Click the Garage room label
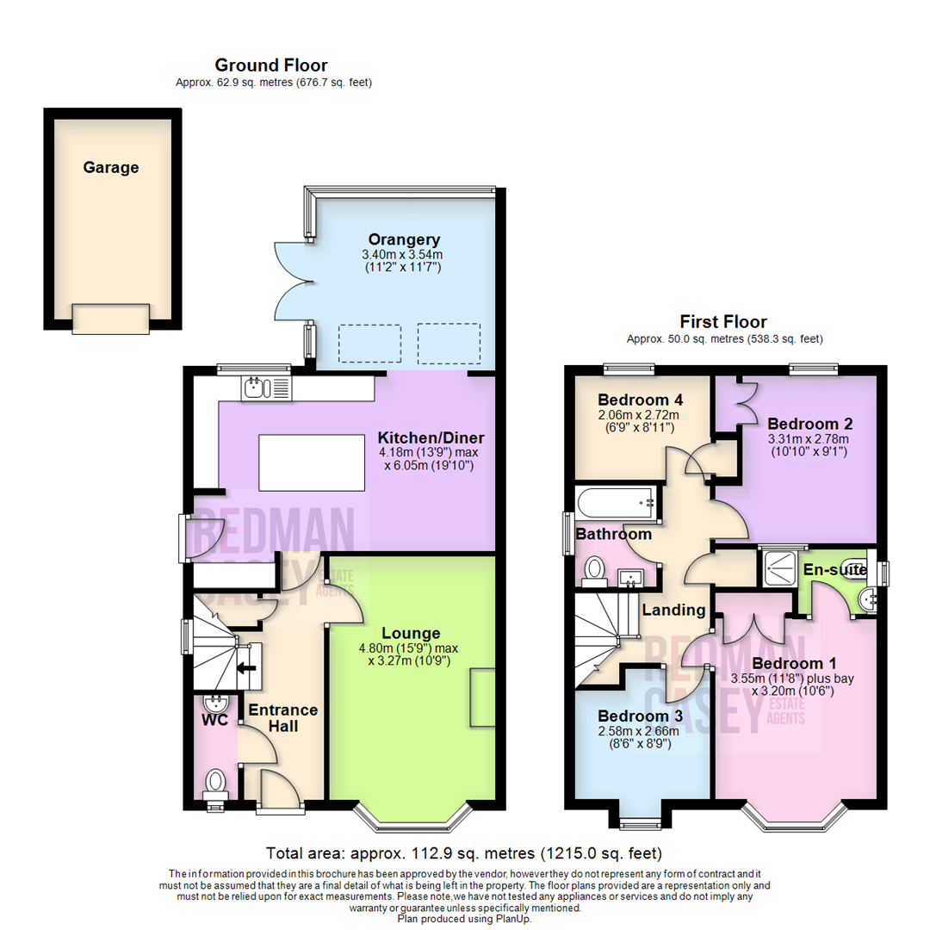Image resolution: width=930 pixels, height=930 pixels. [x=111, y=168]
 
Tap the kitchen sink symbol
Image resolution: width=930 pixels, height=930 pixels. [x=257, y=388]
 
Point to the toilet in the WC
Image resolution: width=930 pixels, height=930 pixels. [x=214, y=783]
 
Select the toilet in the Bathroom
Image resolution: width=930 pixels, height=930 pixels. [x=594, y=569]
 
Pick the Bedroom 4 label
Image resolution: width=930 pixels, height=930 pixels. [x=640, y=400]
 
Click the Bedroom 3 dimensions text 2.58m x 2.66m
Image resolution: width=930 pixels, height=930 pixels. [x=638, y=732]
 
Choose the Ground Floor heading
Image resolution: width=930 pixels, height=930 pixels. [x=271, y=65]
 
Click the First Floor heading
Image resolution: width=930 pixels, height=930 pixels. [x=722, y=322]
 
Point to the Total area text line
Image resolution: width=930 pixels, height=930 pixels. [x=464, y=853]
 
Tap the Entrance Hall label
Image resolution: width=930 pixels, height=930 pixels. [x=283, y=718]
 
